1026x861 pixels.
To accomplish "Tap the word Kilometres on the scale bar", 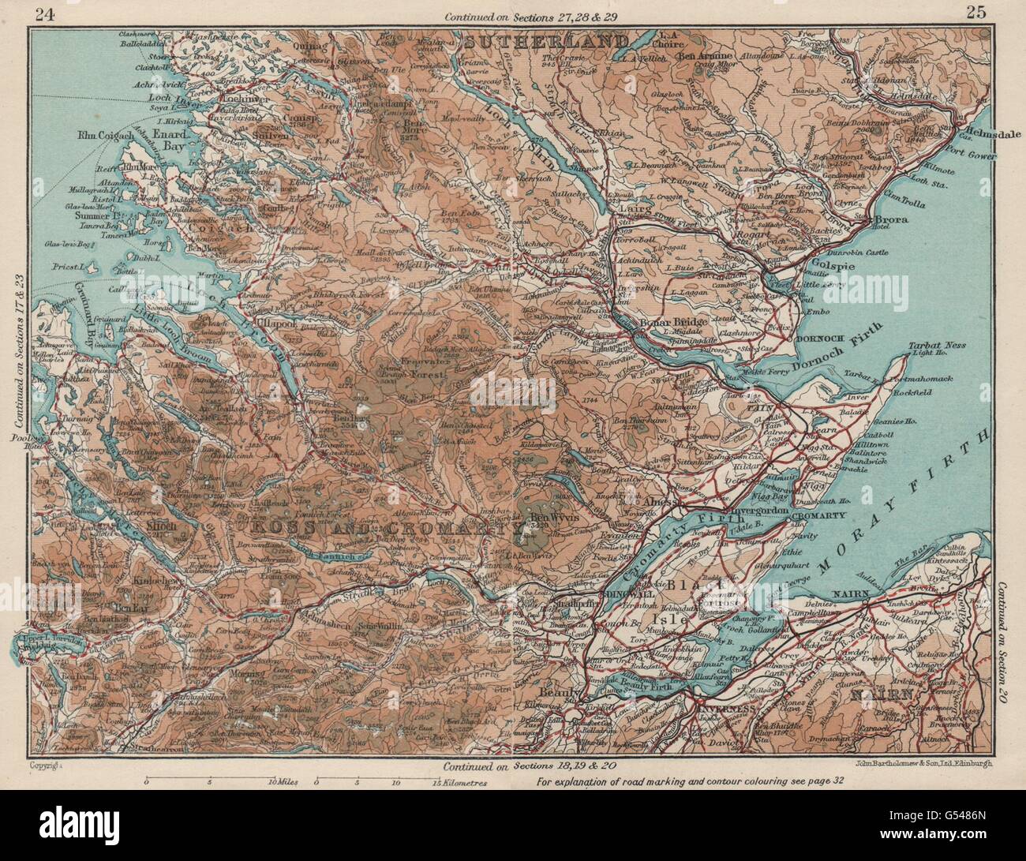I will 459,785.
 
